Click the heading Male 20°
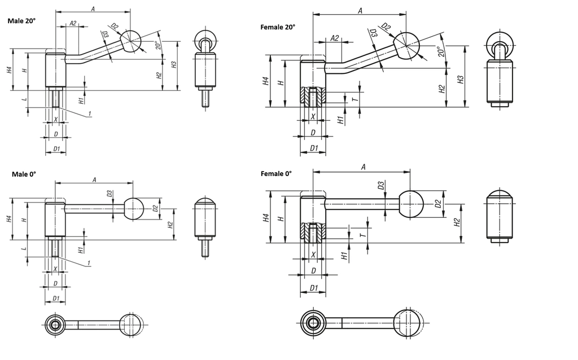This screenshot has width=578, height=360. coord(22,21)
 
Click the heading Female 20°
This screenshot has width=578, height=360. coord(278,27)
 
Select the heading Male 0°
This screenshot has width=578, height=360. coord(24,174)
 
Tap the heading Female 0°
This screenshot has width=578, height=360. coord(276,174)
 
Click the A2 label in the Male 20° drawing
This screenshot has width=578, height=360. coord(73,23)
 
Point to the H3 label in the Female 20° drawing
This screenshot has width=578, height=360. coord(460,80)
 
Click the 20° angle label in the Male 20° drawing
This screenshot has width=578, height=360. coord(158,45)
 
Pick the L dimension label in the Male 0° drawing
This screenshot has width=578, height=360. coord(24,249)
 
